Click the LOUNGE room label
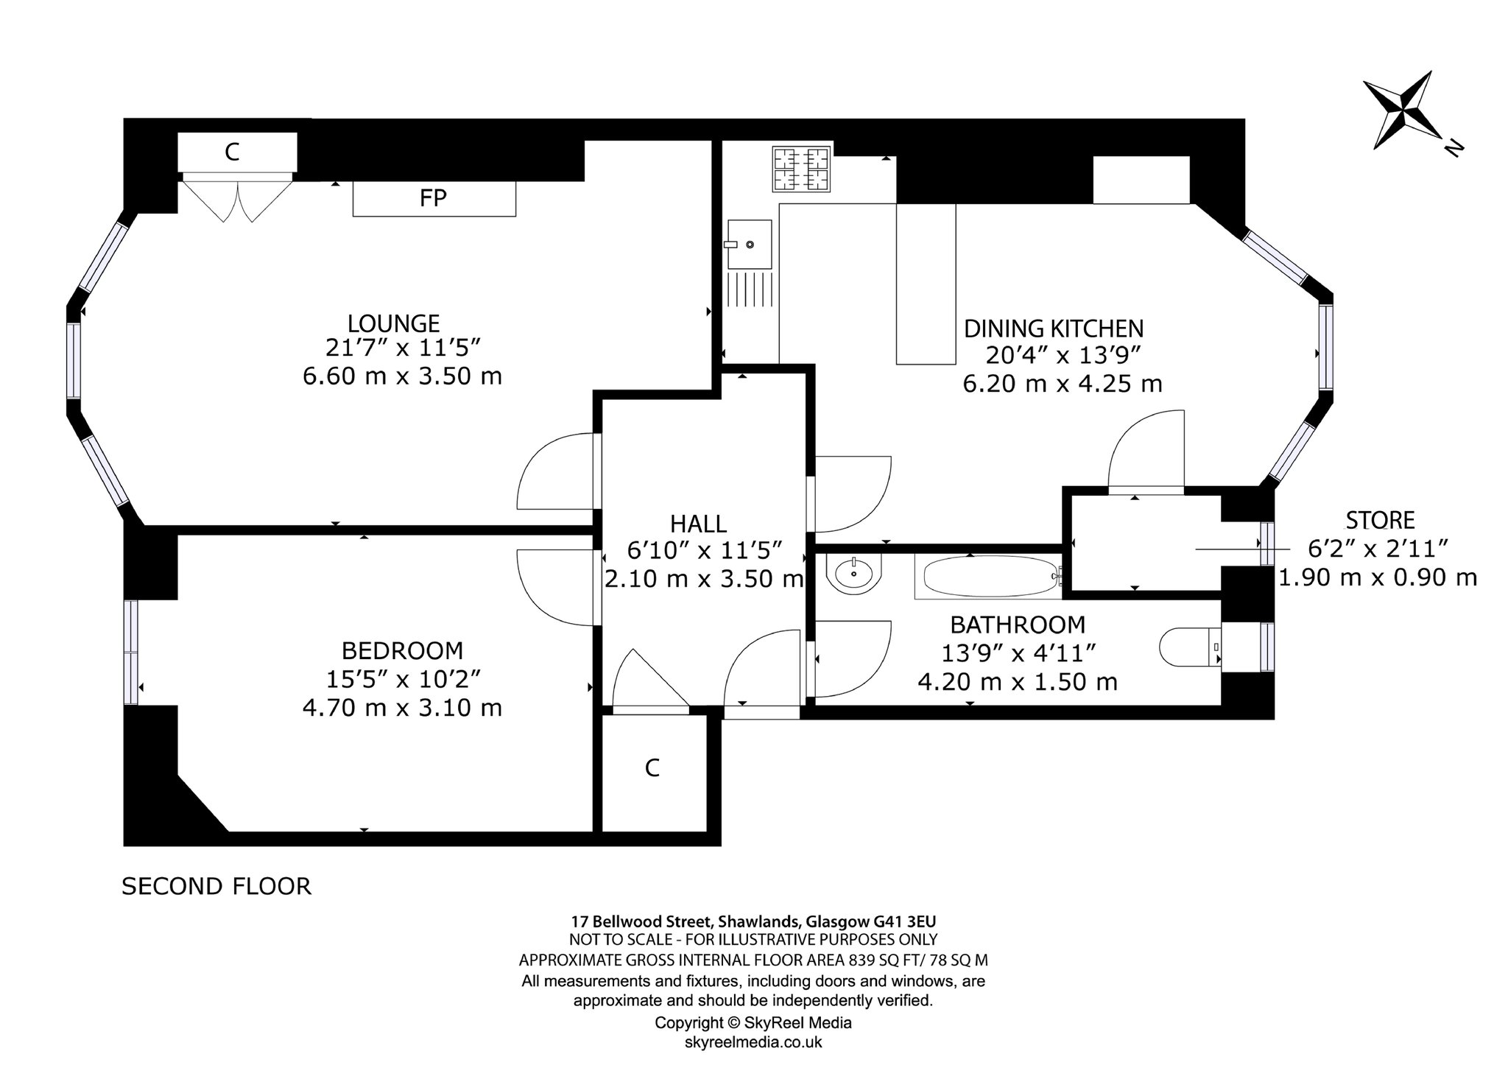(x=393, y=323)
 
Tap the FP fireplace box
(x=434, y=198)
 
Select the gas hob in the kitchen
(x=801, y=169)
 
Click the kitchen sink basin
(x=750, y=244)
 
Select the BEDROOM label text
(x=402, y=651)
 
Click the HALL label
(x=698, y=524)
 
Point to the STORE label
(x=1380, y=521)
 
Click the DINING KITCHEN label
(x=1054, y=328)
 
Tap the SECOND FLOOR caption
(x=216, y=886)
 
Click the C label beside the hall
(x=652, y=768)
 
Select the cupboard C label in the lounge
(x=232, y=152)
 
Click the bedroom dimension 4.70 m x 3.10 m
(x=402, y=708)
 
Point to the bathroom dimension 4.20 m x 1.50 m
(x=1018, y=682)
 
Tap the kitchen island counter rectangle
(x=926, y=284)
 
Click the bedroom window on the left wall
(x=131, y=651)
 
